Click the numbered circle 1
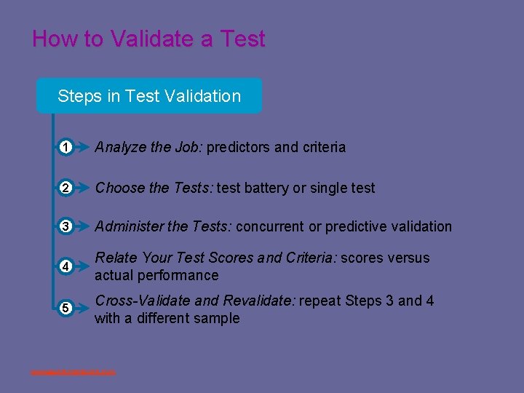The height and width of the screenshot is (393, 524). [65, 148]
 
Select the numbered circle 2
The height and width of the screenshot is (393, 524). [65, 188]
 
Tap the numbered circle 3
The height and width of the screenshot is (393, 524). [65, 226]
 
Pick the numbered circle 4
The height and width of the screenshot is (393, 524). [65, 266]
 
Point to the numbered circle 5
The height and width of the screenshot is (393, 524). [65, 308]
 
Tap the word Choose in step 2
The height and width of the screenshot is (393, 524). [119, 188]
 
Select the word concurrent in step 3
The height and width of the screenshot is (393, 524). [270, 226]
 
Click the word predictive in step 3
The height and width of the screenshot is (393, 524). [358, 226]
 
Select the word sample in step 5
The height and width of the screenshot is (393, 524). [217, 318]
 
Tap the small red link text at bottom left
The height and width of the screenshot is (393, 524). [73, 373]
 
